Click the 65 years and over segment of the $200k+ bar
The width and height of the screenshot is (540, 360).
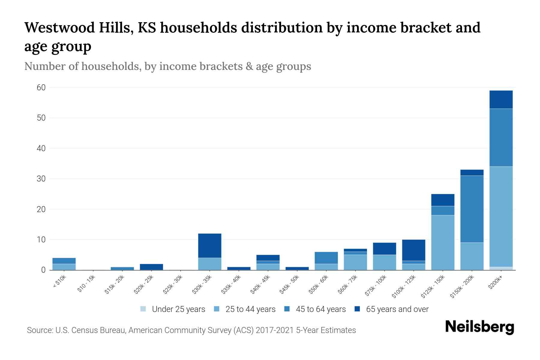tap(501, 100)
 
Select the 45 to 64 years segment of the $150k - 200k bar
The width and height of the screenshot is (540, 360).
tap(472, 209)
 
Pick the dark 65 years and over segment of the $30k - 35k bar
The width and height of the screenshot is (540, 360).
tap(209, 245)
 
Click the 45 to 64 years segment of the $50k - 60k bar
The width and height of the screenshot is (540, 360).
tap(326, 258)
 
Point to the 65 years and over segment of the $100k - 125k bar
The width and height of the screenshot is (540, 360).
tap(413, 250)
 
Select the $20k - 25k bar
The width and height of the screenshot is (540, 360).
tap(151, 267)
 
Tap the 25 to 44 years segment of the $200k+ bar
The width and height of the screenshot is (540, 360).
tap(501, 217)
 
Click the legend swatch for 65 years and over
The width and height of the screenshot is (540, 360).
tap(357, 309)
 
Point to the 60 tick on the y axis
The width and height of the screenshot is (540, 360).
tap(41, 88)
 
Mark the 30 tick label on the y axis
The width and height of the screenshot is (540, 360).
tap(41, 179)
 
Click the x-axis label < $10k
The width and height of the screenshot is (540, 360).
tap(59, 282)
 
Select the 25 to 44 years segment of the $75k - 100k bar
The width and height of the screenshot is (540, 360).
tap(384, 262)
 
